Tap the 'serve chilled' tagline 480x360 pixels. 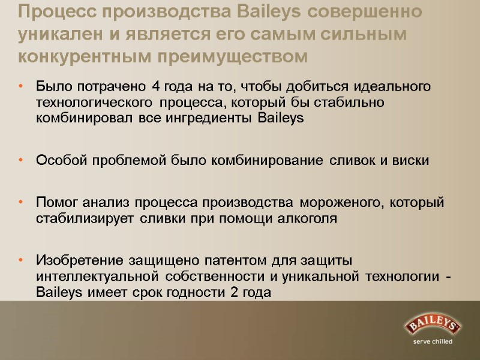click(x=432, y=342)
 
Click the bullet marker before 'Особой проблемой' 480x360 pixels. click(x=22, y=161)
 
